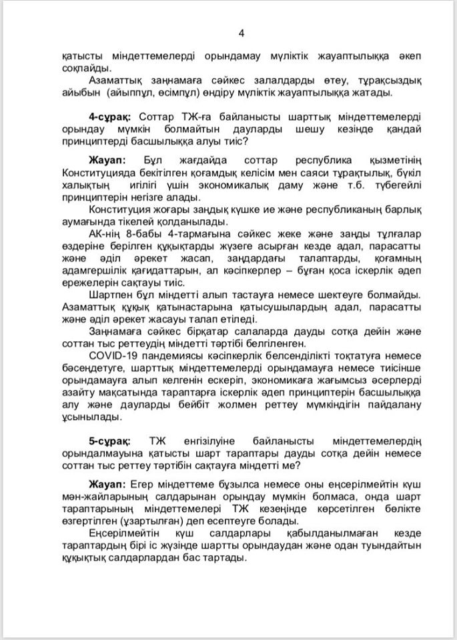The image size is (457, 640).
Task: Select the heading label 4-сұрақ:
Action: pyautogui.click(x=110, y=116)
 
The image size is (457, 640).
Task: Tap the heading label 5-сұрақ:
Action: pyautogui.click(x=110, y=442)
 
